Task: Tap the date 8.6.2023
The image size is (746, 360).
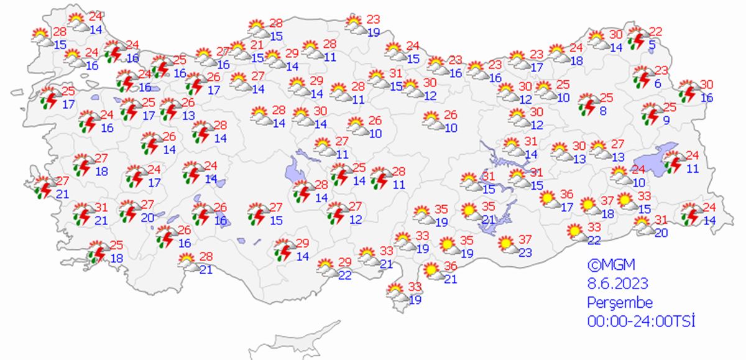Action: click(x=618, y=284)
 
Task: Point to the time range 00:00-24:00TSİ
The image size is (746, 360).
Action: click(x=641, y=321)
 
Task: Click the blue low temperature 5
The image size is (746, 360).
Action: click(x=651, y=44)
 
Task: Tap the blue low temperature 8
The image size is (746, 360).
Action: click(x=602, y=111)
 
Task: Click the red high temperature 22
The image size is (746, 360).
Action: click(x=656, y=32)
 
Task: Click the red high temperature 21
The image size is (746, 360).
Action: click(x=257, y=45)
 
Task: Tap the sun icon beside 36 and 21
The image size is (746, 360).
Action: click(x=430, y=271)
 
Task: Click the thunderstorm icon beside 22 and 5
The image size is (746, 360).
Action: click(x=637, y=40)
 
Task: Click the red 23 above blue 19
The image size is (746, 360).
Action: click(x=373, y=19)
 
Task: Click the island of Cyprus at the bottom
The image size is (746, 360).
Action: click(x=298, y=342)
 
